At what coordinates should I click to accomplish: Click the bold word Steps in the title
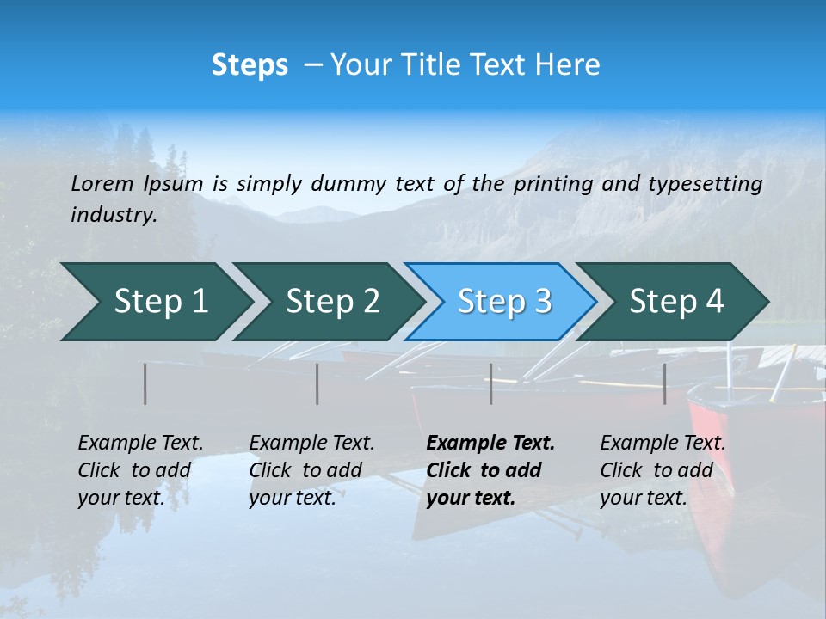(x=250, y=65)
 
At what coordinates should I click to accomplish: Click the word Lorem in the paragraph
(x=102, y=184)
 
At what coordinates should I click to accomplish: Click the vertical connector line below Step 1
(x=145, y=383)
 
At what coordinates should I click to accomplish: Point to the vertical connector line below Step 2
(x=317, y=383)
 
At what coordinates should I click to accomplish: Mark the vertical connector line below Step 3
(x=491, y=383)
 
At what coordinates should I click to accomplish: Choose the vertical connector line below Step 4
(x=665, y=383)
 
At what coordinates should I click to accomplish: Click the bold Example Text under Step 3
(x=490, y=444)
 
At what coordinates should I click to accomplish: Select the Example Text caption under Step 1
(x=140, y=444)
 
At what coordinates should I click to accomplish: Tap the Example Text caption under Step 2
(x=311, y=444)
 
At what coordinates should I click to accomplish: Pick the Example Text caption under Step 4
(x=663, y=444)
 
